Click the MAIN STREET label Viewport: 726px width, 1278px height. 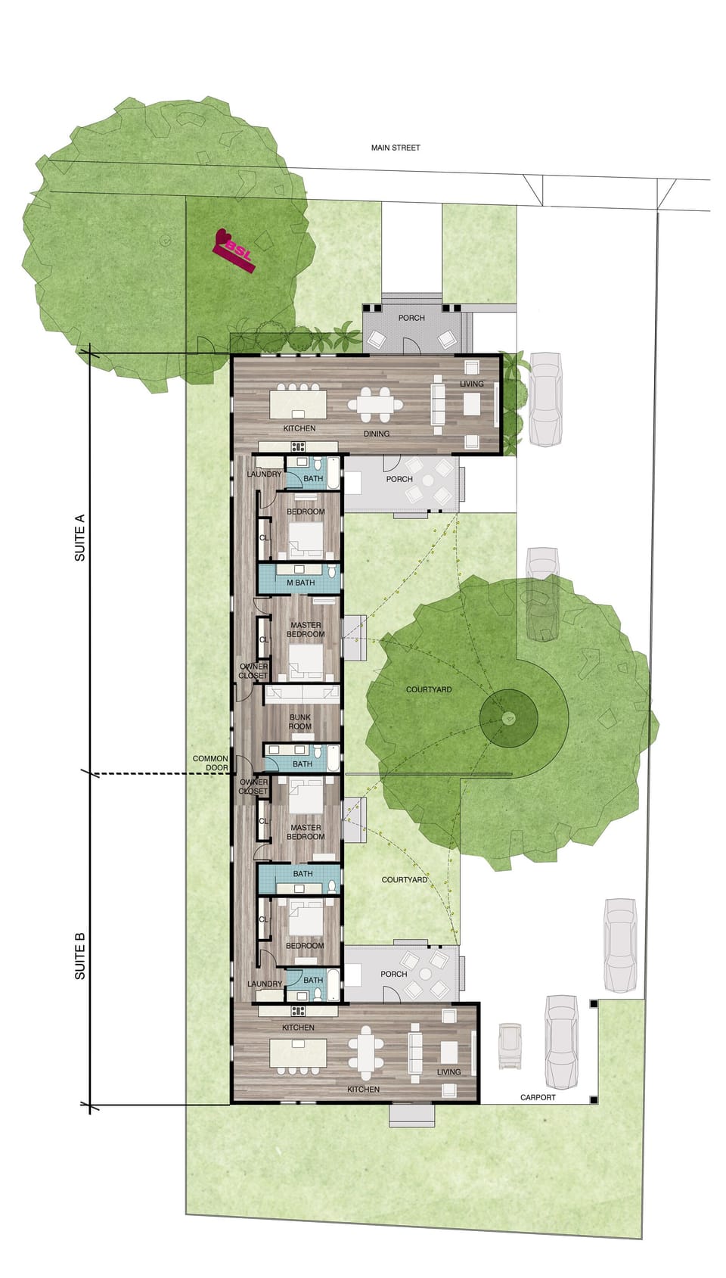coord(395,148)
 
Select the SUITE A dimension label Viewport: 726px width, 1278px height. coord(79,538)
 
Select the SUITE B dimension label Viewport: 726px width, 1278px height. coord(79,956)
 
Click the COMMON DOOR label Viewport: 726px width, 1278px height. coord(210,763)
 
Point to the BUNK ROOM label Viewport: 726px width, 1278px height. coord(300,722)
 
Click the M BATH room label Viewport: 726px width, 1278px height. coord(300,583)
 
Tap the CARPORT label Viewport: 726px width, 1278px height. coord(538,1097)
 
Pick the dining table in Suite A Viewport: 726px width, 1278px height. coord(375,404)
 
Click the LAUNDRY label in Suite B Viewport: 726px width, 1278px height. coord(265,984)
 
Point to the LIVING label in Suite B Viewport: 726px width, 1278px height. coord(448,1072)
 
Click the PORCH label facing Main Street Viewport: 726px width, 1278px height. coord(411,318)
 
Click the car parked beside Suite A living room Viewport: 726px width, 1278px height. coord(544,399)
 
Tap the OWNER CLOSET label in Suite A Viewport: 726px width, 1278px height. coord(253,671)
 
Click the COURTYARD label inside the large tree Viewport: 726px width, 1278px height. coord(429,690)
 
